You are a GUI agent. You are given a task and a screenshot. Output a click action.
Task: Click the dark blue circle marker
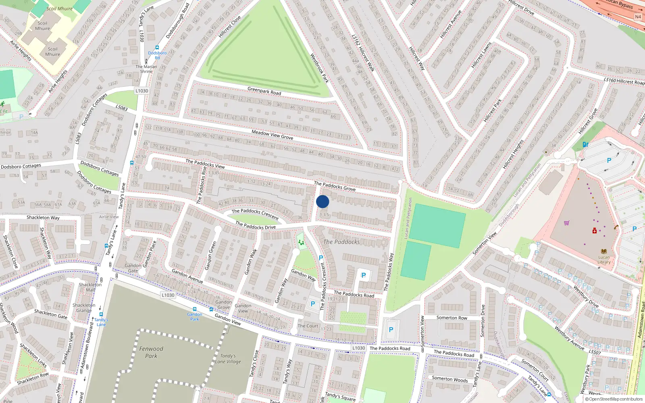click(322, 201)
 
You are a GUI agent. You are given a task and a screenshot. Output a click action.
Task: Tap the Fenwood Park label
click(151, 352)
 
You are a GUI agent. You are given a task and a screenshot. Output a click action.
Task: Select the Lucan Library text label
click(604, 260)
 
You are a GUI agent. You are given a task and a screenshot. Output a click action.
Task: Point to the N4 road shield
click(638, 17)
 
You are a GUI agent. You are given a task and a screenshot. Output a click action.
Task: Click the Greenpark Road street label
click(264, 91)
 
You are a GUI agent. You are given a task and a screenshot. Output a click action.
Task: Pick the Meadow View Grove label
click(272, 135)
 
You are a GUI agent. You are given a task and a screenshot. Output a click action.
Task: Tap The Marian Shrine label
click(146, 69)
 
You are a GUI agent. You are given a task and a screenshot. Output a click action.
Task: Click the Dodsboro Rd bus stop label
click(157, 55)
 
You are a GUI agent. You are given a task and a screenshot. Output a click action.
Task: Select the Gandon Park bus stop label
click(195, 317)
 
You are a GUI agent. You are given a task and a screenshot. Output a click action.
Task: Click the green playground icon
click(301, 243)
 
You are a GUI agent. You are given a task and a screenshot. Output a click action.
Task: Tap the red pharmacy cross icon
click(595, 231)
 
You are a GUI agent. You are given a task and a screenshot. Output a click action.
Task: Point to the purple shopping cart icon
click(567, 223)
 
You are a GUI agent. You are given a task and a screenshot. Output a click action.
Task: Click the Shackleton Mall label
click(90, 287)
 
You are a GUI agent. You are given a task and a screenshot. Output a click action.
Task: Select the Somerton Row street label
click(452, 318)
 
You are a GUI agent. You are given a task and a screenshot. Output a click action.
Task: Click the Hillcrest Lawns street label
click(481, 55)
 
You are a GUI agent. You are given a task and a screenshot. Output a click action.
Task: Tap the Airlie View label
click(109, 217)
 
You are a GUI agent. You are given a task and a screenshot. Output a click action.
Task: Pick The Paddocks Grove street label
click(335, 186)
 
